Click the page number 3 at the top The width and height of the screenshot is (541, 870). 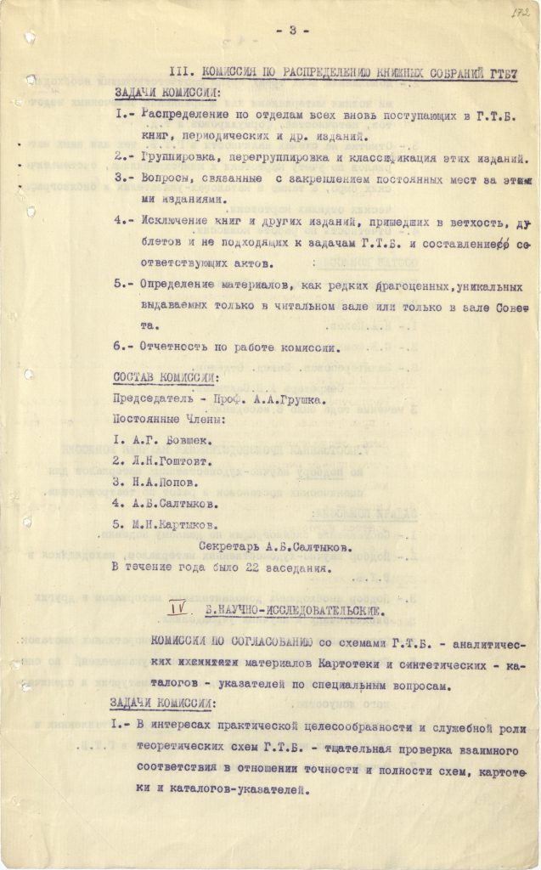(292, 31)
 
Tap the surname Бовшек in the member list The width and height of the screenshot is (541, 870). (181, 441)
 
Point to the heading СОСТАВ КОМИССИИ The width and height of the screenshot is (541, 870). (165, 376)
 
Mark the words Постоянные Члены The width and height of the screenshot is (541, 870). (165, 419)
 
